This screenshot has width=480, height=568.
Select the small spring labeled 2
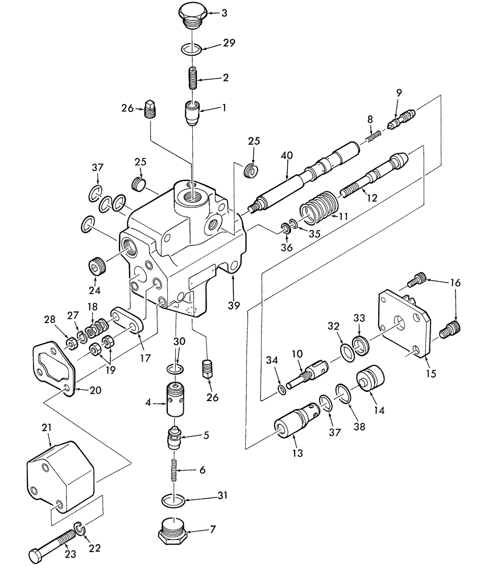(x=193, y=76)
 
